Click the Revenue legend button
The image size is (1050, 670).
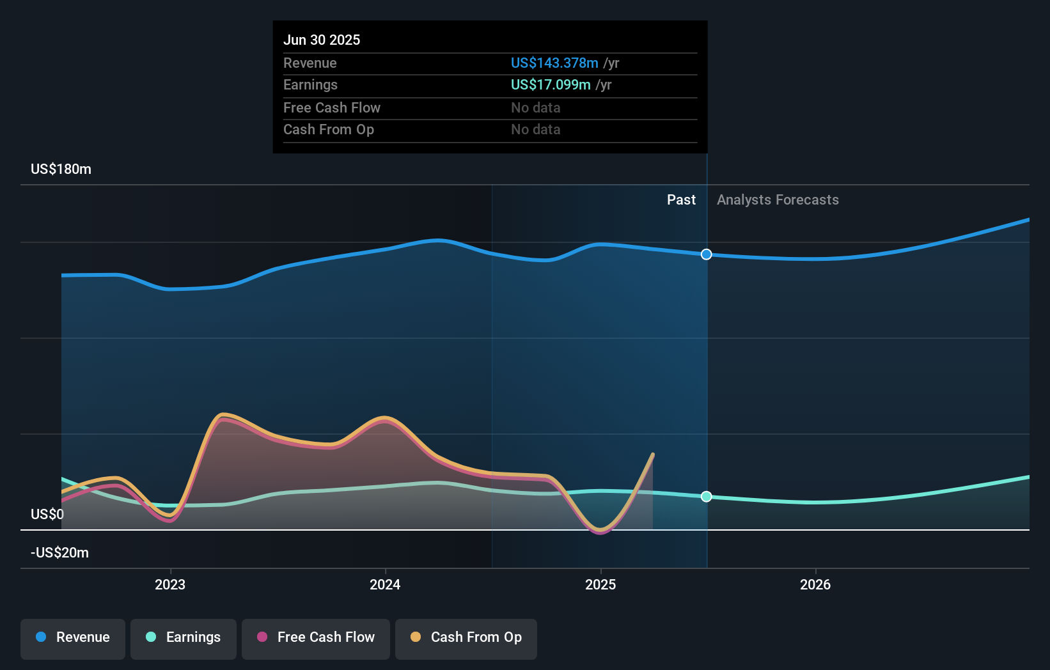point(73,637)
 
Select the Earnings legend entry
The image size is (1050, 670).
point(184,637)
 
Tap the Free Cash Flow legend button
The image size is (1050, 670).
point(316,637)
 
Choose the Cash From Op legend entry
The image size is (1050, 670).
point(466,637)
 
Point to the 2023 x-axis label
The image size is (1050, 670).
point(170,584)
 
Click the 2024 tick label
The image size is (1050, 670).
point(385,584)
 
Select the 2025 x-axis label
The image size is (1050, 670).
point(600,584)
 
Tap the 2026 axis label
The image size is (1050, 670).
point(815,584)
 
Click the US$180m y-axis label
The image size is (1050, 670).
point(61,169)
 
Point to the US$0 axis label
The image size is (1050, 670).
point(47,515)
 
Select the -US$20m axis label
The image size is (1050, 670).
point(59,553)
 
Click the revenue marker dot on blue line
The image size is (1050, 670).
point(706,254)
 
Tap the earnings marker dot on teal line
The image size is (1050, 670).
point(706,497)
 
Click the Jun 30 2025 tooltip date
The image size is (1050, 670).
point(322,40)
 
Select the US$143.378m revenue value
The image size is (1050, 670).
point(554,63)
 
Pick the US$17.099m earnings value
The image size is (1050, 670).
point(551,85)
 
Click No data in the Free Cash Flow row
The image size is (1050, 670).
point(535,108)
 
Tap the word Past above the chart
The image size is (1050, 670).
point(681,200)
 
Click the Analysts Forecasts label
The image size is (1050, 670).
point(778,200)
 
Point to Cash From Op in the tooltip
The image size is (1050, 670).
point(329,130)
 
